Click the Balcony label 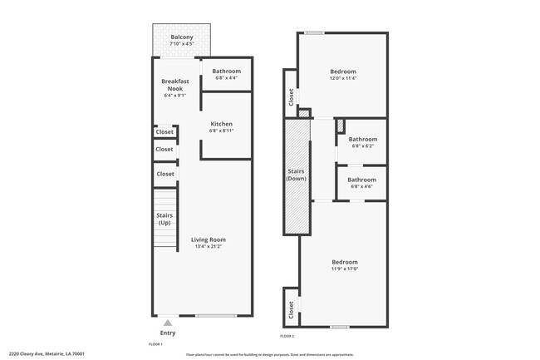[x=182, y=37]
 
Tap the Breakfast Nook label [x=176, y=85]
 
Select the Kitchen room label [x=221, y=124]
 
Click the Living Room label [x=209, y=239]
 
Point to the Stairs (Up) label [x=164, y=219]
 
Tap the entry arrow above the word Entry [x=169, y=322]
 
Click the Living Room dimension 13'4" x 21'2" [x=209, y=246]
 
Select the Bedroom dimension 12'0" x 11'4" [x=343, y=79]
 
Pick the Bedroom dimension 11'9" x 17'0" [x=344, y=268]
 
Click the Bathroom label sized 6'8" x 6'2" [x=362, y=139]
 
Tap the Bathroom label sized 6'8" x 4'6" [x=362, y=180]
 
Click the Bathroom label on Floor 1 [x=227, y=72]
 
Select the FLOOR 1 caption [x=155, y=343]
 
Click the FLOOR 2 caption [x=287, y=335]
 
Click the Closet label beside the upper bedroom [x=291, y=98]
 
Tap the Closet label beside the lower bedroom [x=291, y=309]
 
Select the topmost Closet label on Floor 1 [x=164, y=131]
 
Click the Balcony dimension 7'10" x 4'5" [x=182, y=45]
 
